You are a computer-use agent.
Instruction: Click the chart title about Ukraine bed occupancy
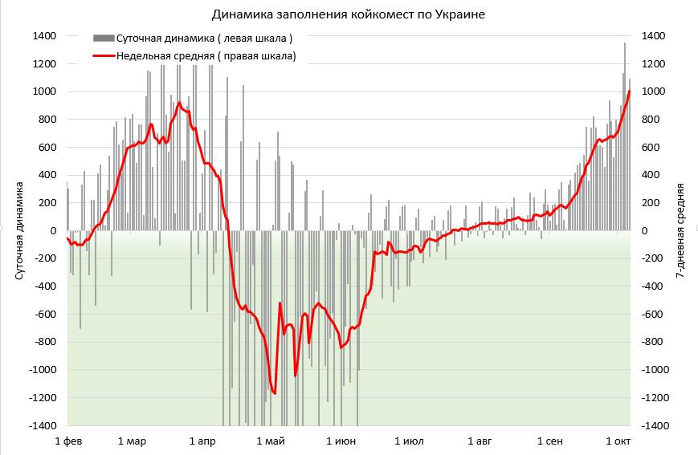tap(349, 14)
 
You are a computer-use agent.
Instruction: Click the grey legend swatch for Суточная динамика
tap(104, 38)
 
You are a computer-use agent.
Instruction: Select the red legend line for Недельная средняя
tap(104, 55)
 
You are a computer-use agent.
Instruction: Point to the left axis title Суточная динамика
tap(20, 230)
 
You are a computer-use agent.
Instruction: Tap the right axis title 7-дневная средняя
tap(680, 230)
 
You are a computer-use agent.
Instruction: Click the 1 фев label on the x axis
tap(68, 441)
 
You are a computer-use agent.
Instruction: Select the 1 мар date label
tap(132, 441)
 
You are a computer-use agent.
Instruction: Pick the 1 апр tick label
tap(202, 441)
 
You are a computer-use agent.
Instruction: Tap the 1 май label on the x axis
tap(270, 441)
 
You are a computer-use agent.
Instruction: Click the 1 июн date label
tap(341, 441)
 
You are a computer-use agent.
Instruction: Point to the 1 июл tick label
tap(409, 441)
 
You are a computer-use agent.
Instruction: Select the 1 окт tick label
tap(618, 441)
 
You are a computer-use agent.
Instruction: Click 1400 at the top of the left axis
tap(44, 36)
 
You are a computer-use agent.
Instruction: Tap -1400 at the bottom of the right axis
tap(655, 425)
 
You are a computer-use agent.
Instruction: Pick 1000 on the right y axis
tap(652, 91)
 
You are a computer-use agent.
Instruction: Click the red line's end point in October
tap(630, 91)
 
